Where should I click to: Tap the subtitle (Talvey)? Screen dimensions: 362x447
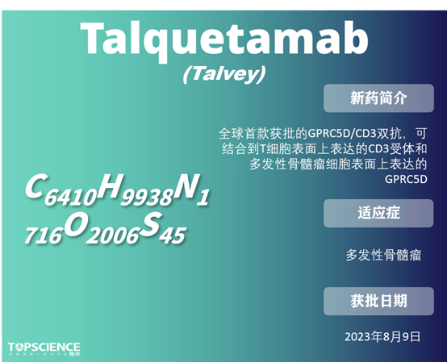click(223, 75)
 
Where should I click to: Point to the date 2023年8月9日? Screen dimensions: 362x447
click(382, 335)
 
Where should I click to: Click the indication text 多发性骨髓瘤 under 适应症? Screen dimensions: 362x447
click(383, 255)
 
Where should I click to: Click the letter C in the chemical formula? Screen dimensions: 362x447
click(34, 187)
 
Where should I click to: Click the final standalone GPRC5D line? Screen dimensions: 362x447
click(406, 179)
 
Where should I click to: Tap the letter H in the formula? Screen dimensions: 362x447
click(108, 187)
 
